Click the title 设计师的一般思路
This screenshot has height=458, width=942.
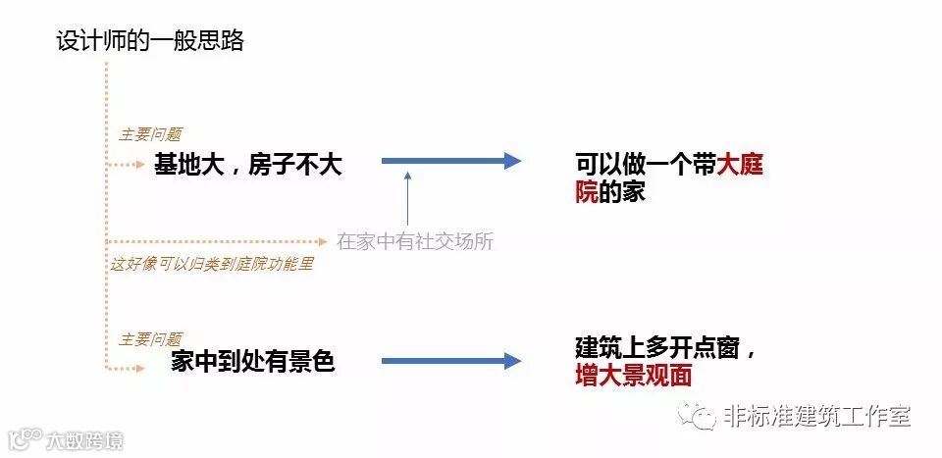point(150,42)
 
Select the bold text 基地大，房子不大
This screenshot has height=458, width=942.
point(247,165)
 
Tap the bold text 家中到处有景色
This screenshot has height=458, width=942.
point(253,362)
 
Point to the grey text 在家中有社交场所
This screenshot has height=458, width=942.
point(415,241)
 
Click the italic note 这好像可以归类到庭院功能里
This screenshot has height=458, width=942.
point(211,264)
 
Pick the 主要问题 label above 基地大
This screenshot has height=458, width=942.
point(150,135)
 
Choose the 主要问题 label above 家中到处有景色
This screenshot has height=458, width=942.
point(150,339)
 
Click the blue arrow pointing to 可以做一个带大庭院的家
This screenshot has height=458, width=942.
point(450,162)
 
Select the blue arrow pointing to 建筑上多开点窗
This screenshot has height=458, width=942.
point(450,362)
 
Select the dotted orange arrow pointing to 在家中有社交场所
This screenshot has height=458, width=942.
point(216,240)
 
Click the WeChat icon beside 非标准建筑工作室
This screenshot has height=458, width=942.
point(701,417)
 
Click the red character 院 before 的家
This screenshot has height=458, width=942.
point(587,192)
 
